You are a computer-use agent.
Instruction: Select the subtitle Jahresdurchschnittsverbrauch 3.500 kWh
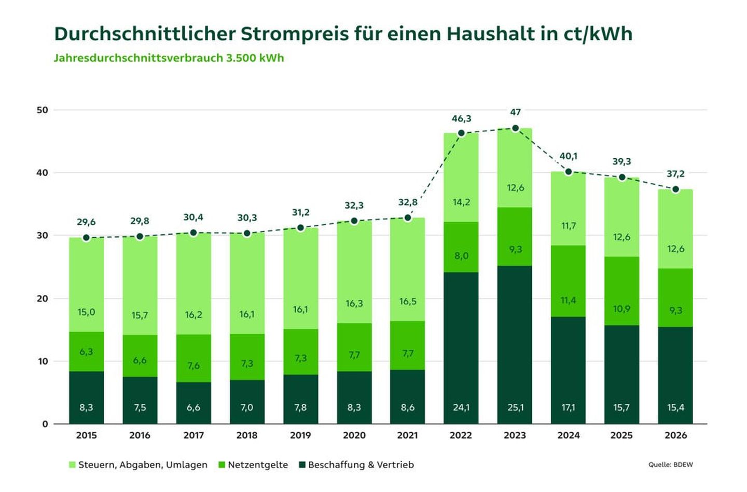(x=169, y=58)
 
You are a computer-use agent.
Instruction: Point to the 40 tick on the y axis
(x=42, y=173)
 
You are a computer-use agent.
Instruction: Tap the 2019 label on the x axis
(x=300, y=435)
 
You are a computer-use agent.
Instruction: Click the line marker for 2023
(x=515, y=128)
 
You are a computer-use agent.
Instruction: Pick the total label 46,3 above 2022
(x=461, y=119)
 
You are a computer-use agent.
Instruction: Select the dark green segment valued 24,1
(x=461, y=348)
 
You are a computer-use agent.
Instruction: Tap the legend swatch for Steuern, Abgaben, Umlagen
(x=72, y=465)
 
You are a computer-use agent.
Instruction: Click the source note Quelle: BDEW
(x=670, y=464)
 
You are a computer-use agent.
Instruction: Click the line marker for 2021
(x=408, y=218)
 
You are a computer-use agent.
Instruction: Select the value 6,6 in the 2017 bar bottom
(x=193, y=407)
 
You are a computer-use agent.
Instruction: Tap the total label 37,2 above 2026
(x=675, y=174)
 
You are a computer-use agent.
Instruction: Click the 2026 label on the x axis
(x=675, y=435)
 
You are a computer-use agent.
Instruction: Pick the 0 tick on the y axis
(x=45, y=424)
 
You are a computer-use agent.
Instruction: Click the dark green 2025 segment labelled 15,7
(x=621, y=374)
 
